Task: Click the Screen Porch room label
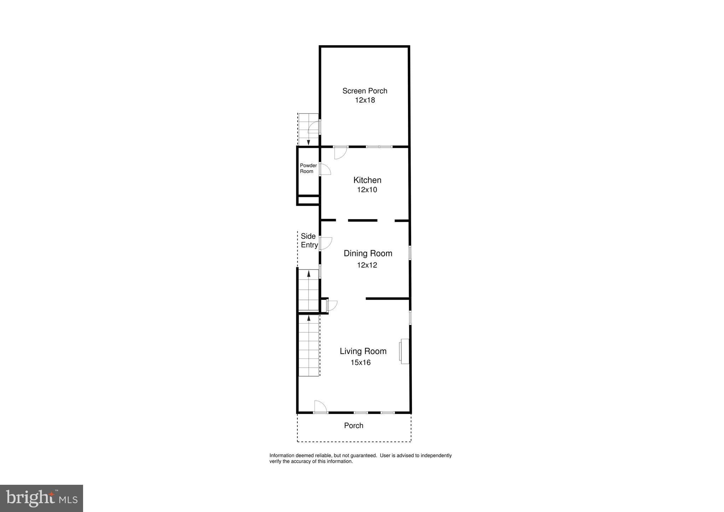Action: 364,91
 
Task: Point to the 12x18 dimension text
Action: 364,100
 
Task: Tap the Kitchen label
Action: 367,180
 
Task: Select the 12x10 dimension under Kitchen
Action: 367,190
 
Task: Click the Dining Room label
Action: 368,253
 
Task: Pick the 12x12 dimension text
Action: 367,265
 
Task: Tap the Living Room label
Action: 363,351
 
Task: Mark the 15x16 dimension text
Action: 360,362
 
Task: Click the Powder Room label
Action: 308,168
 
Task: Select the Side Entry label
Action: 309,240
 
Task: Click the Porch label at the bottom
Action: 354,425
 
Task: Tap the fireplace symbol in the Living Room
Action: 404,351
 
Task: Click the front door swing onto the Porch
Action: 320,407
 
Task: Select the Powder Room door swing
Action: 325,170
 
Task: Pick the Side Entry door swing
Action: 326,243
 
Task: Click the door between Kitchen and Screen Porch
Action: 340,152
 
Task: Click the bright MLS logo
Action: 41,498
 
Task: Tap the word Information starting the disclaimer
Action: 282,455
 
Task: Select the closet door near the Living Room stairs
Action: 332,305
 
